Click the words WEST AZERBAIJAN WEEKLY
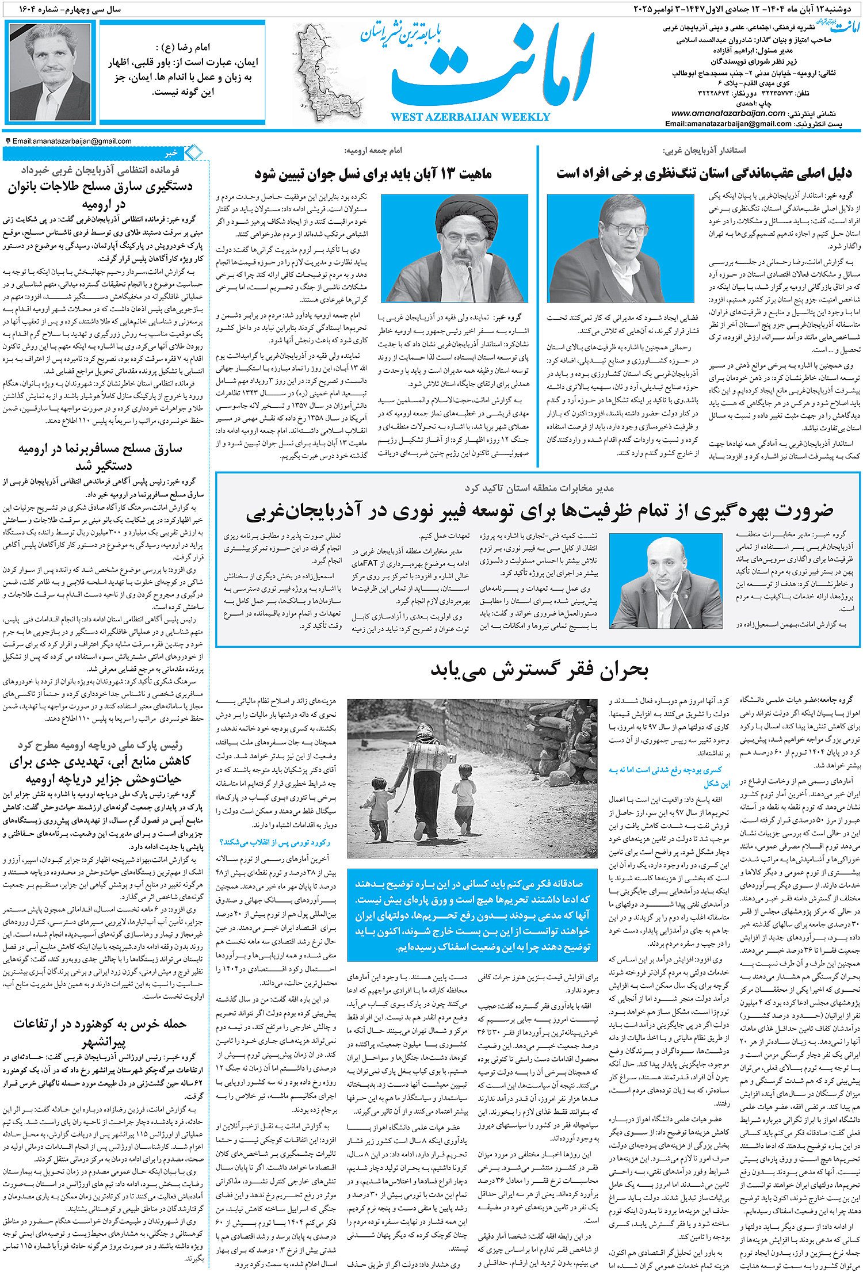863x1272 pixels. (470, 117)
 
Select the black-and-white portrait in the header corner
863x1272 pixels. (50, 71)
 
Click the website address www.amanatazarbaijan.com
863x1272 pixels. (728, 113)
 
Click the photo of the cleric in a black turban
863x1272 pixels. (454, 248)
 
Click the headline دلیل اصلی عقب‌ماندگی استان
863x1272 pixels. (703, 174)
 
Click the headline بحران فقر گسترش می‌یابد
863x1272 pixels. (539, 670)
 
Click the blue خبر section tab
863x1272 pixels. (171, 153)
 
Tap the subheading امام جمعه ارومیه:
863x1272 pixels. (373, 151)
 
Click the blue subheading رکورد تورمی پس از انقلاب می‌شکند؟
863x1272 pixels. (275, 842)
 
